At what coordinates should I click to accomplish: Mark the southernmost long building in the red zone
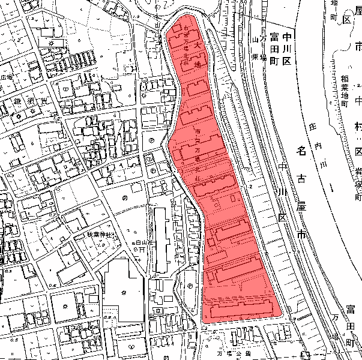tap(240, 310)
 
